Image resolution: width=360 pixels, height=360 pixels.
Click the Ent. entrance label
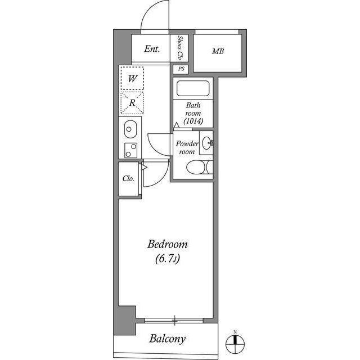152,49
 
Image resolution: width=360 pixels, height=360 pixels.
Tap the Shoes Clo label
181,48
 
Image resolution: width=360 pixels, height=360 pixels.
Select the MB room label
218,52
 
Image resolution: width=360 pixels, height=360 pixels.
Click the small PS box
181,69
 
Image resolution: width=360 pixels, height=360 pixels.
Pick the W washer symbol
132,79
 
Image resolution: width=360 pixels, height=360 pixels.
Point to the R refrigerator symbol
132,103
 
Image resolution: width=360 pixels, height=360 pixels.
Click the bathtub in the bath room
193,89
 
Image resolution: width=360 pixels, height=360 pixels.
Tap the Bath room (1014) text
193,113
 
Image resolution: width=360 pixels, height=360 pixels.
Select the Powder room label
186,147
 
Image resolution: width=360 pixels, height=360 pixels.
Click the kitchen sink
129,130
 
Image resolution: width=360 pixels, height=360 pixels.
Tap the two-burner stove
130,150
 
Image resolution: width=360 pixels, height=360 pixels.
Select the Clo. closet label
128,179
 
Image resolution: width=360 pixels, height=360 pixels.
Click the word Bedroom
167,245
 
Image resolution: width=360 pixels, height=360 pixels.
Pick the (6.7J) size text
167,259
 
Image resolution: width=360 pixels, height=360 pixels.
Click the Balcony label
167,339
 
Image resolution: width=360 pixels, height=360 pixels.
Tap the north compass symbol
235,341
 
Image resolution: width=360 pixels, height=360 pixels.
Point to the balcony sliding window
175,321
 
